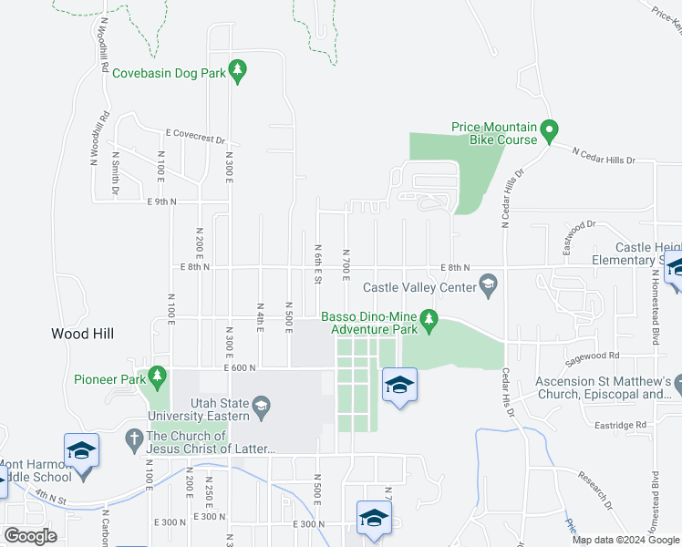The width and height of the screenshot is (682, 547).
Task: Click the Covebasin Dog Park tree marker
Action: [237, 70]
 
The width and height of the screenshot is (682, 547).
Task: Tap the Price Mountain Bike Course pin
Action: [549, 131]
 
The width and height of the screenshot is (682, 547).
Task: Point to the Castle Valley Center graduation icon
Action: [489, 287]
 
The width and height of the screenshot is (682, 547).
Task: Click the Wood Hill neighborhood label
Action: [82, 334]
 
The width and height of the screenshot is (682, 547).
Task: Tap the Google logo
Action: [30, 535]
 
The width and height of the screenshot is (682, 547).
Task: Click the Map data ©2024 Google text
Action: [625, 540]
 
